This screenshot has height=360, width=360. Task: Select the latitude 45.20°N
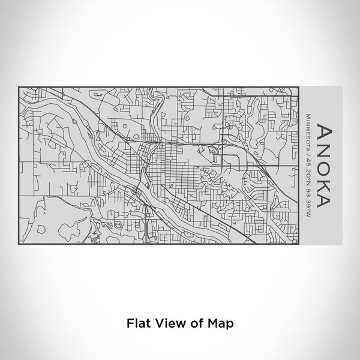308,164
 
